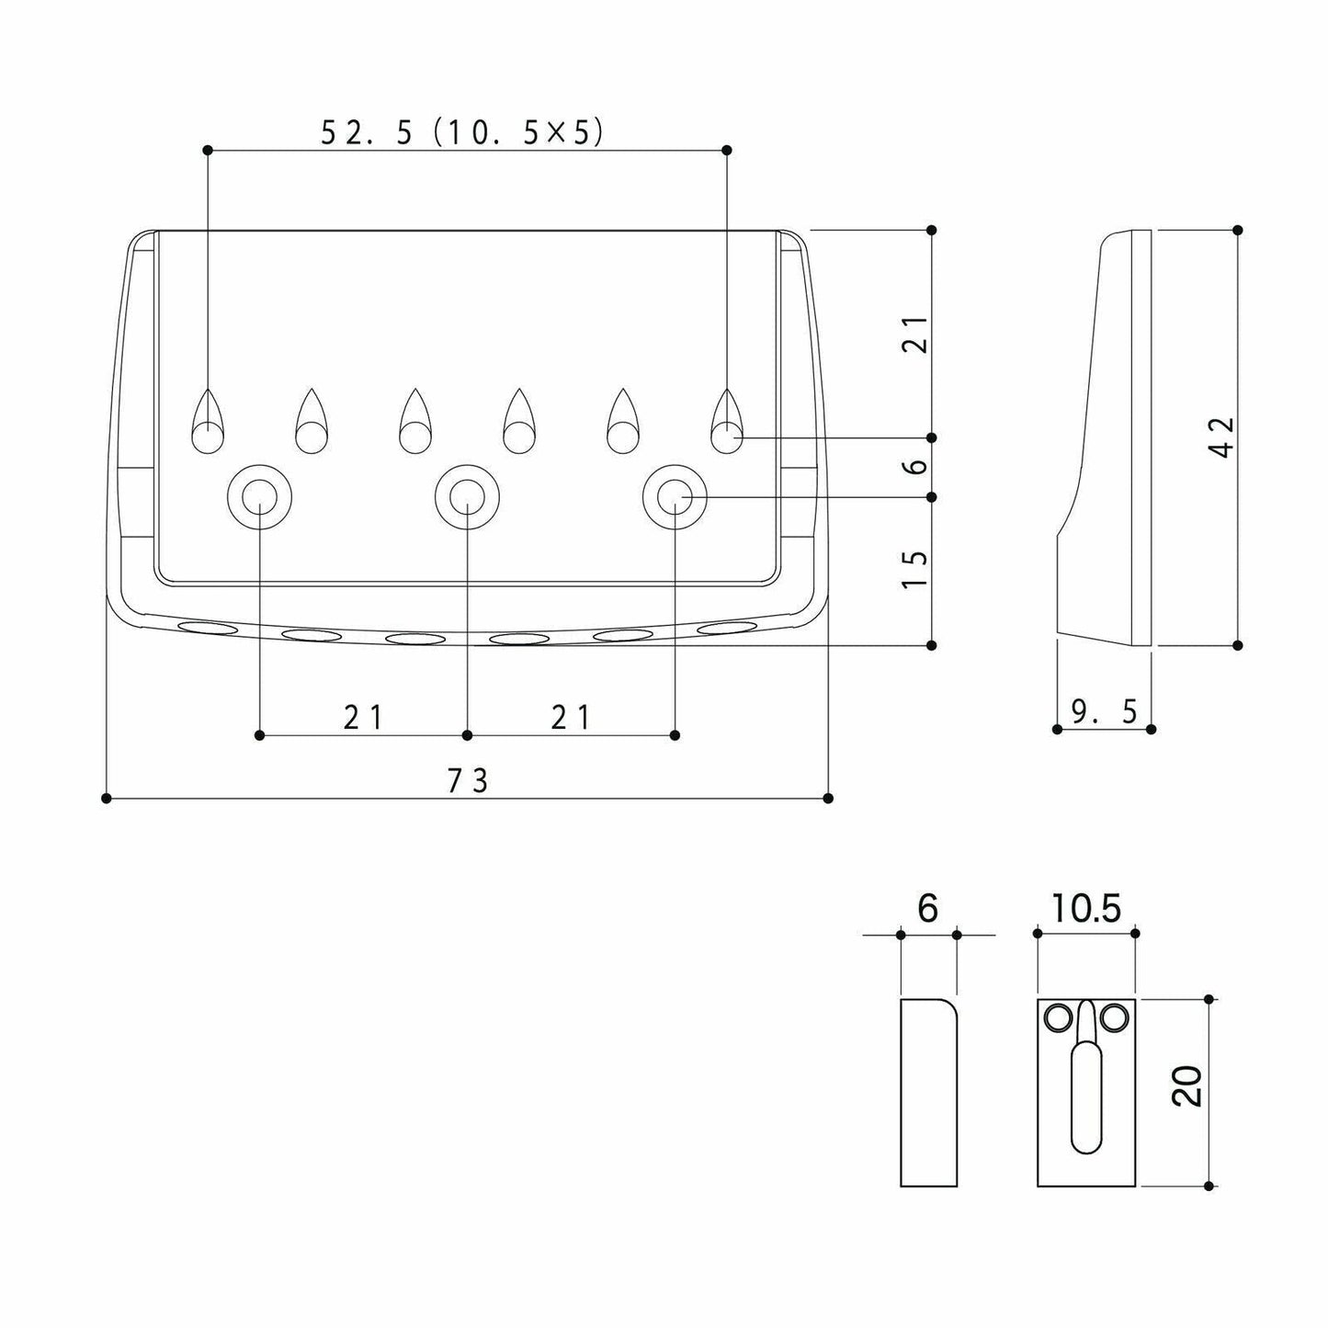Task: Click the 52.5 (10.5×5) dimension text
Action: [461, 132]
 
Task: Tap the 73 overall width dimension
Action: [468, 781]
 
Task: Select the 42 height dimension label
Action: [1223, 437]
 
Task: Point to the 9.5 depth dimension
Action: [1104, 712]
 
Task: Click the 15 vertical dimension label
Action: [915, 569]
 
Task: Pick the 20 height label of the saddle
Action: [1186, 1086]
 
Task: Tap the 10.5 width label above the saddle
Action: [1087, 908]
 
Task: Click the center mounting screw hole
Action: [467, 497]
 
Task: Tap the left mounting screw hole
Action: [260, 497]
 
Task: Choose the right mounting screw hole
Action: [675, 497]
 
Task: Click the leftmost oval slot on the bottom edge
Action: [208, 627]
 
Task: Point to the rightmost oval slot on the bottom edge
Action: [727, 627]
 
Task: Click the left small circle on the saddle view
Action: [1059, 1017]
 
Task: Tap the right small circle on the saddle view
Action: [1114, 1017]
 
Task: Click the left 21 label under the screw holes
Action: [363, 718]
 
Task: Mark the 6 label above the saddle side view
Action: [927, 908]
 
